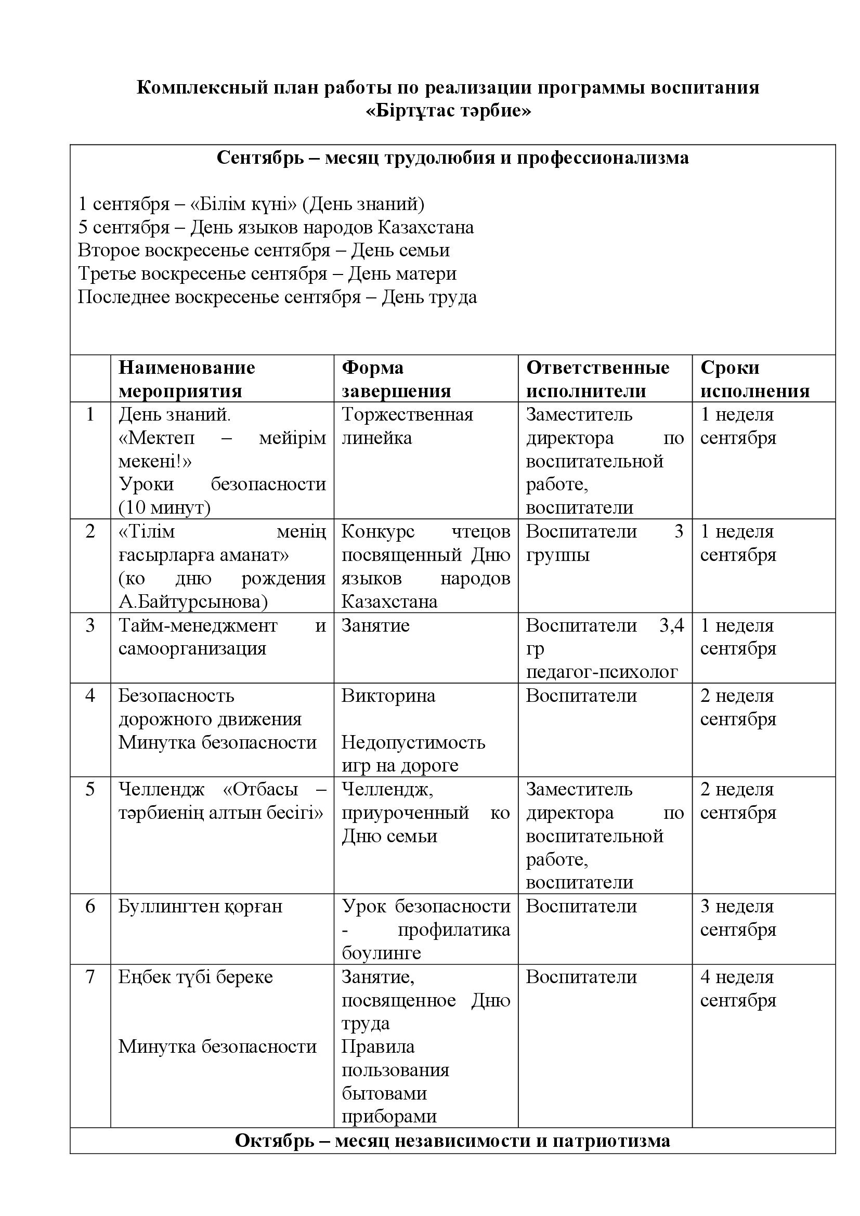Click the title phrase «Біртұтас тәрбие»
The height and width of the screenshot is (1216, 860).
[448, 111]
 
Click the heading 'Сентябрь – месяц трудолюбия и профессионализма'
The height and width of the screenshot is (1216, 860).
[453, 158]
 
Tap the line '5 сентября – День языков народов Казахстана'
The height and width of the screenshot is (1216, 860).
[276, 227]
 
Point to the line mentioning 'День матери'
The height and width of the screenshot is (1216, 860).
[267, 274]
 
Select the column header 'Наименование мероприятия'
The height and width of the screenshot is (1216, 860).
[187, 379]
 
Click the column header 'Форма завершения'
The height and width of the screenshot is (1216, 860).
[396, 379]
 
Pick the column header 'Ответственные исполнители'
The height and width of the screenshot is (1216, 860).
[597, 379]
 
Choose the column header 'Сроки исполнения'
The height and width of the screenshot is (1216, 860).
[754, 379]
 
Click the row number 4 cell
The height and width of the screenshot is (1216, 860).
[90, 696]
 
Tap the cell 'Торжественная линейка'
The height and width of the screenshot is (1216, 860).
[407, 426]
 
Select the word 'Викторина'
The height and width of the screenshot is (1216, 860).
[388, 696]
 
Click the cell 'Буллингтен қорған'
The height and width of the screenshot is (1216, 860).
[200, 906]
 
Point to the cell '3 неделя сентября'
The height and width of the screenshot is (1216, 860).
[738, 918]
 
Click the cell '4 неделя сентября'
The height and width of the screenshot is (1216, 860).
[738, 988]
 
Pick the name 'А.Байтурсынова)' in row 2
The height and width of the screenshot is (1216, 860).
[193, 602]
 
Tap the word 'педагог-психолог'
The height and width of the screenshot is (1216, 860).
[601, 672]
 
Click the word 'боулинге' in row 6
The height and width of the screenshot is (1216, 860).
[381, 953]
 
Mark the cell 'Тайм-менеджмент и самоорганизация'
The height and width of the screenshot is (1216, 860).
[221, 637]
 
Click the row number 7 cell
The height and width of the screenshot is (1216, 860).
[90, 977]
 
